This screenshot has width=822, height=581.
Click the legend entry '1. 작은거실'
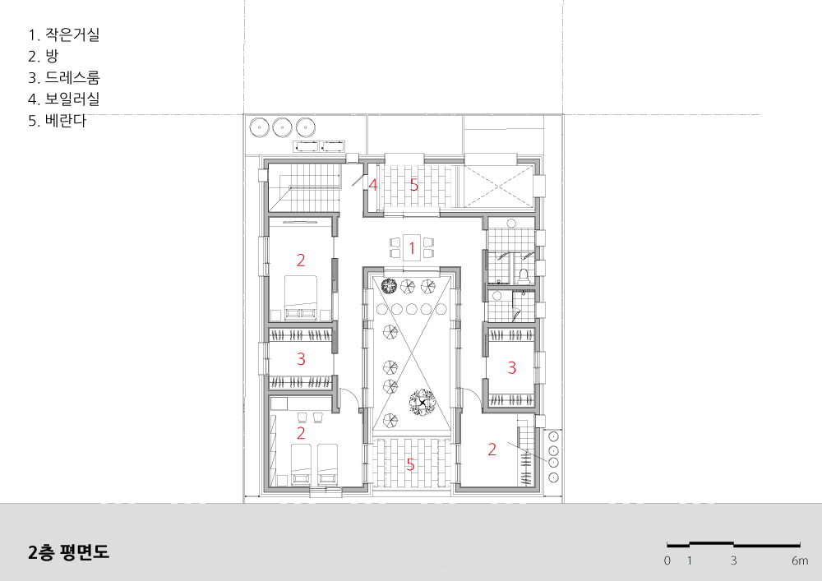63,35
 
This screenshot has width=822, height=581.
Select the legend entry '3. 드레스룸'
63,77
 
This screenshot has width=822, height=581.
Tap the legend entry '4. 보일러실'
63,99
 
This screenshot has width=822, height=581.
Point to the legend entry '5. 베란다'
57,121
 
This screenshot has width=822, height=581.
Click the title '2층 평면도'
69,552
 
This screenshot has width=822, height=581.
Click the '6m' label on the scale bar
800,560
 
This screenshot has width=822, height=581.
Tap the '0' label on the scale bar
667,560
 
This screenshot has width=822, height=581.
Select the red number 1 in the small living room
412,248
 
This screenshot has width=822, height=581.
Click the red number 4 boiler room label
372,185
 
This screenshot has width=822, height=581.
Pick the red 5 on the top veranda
414,185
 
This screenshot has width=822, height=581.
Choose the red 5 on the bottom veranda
410,464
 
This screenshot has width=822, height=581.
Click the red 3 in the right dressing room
511,368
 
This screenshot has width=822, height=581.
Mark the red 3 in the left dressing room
301,359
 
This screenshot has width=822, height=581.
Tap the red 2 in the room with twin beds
300,433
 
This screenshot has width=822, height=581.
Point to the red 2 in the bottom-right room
492,449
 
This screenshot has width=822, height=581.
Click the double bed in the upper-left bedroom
301,297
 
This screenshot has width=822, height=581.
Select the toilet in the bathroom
522,274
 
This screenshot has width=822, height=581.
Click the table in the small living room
412,247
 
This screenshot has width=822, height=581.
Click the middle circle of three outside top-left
281,127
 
